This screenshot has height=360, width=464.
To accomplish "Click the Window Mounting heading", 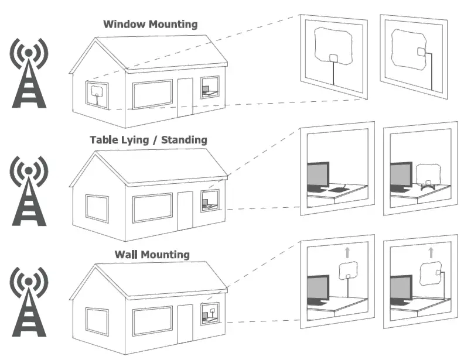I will click(150, 25).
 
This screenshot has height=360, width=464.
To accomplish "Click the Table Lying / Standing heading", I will click(148, 140).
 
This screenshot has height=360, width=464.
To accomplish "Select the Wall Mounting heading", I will click(152, 255).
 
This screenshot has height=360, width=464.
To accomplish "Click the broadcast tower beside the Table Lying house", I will click(29, 190).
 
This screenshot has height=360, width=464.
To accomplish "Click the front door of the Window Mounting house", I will click(185, 96).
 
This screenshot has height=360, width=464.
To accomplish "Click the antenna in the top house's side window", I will click(97, 94).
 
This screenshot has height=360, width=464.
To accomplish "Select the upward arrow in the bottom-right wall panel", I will click(431, 252).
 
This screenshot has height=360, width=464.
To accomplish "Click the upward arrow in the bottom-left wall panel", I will click(347, 252).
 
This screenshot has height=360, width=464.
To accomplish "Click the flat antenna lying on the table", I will click(339, 190).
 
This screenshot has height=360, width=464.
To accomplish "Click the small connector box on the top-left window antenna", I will click(333, 58).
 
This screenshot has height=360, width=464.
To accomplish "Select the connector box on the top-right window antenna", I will click(421, 53).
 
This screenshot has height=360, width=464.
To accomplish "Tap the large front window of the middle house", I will click(152, 208).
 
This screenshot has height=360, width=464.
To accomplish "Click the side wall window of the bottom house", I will click(97, 321).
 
